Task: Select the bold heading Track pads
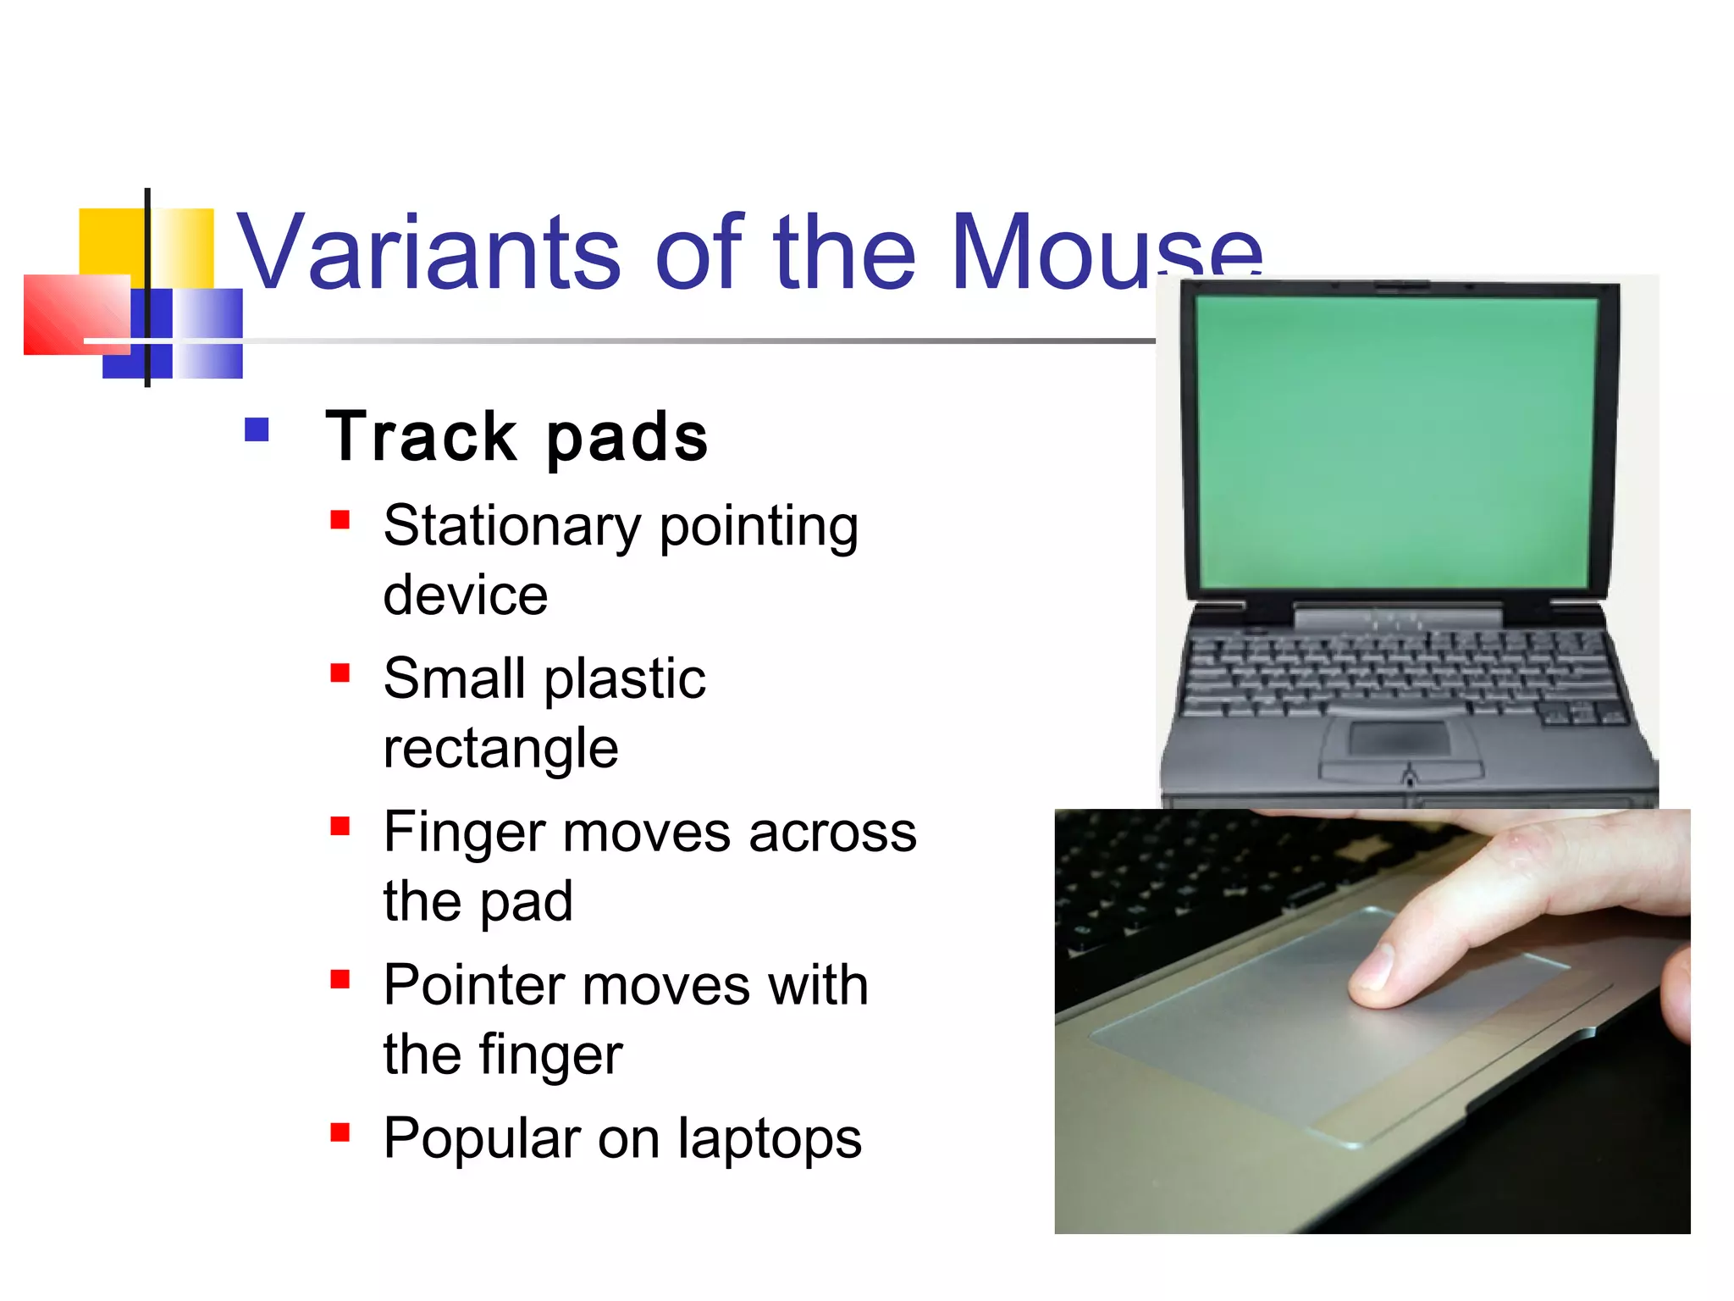tap(516, 437)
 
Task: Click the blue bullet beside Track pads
tap(257, 430)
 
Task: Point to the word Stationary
tap(511, 527)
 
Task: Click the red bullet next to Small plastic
tap(340, 673)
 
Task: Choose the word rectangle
tap(500, 749)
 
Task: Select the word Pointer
tap(473, 986)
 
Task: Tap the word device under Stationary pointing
tap(465, 596)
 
